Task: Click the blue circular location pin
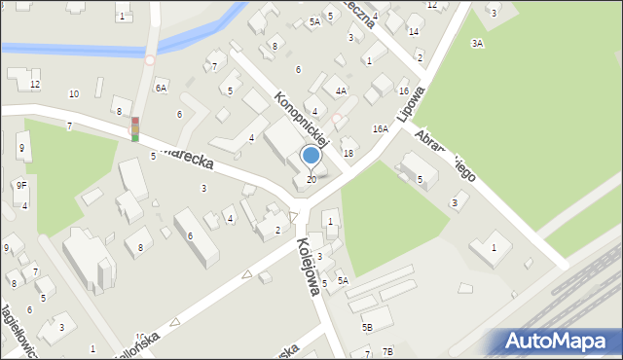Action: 311,155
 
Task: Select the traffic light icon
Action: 134,128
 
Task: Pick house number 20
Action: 311,179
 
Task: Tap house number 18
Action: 348,154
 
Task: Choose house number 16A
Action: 380,128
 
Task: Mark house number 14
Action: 413,32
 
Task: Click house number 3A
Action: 477,43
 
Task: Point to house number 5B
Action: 367,327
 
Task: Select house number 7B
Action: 387,351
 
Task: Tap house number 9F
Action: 20,185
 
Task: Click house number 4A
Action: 341,90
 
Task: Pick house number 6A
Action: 162,88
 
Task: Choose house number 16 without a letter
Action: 403,90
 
